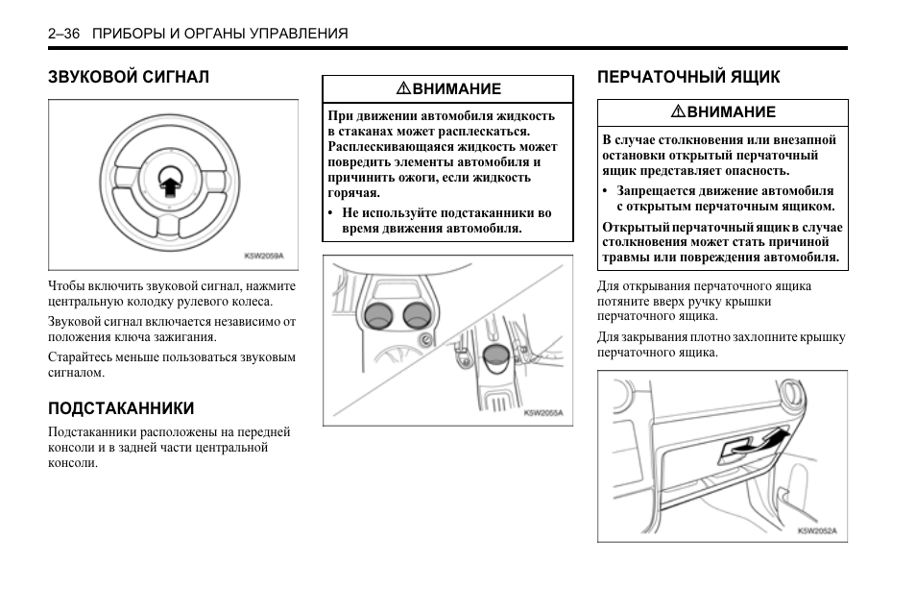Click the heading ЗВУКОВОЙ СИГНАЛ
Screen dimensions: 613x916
point(128,76)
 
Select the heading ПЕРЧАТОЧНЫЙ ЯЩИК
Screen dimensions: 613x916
point(688,76)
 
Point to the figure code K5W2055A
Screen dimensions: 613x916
point(543,412)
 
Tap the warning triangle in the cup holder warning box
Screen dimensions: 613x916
point(404,89)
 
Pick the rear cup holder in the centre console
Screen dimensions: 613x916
point(495,359)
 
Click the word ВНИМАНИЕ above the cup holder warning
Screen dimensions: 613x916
point(456,89)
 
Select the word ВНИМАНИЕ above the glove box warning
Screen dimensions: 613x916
point(731,112)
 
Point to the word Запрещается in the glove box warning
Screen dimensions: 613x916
point(654,190)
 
